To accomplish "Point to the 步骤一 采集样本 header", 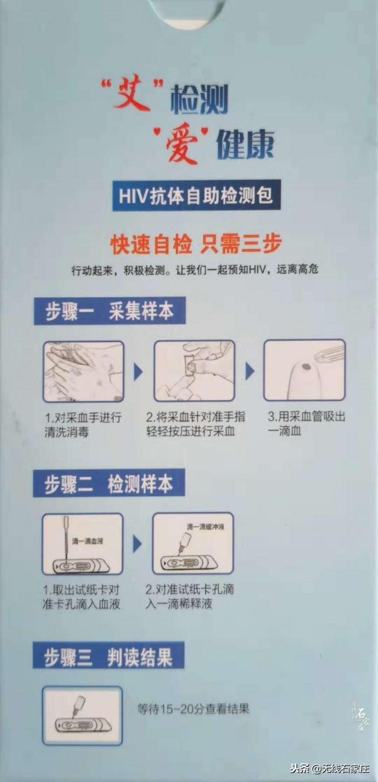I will point(109,311).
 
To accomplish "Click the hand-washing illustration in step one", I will point(83,371).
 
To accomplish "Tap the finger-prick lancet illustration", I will point(194,371).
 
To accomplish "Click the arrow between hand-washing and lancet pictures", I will point(138,372).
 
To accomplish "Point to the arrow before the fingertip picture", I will point(250,372).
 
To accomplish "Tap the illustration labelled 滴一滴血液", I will point(83,543).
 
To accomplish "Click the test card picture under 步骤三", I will point(82,715).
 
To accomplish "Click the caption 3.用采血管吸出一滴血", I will point(306,423).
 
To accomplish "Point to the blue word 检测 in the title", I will point(199,100).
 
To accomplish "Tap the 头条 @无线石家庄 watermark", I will point(329,768).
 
